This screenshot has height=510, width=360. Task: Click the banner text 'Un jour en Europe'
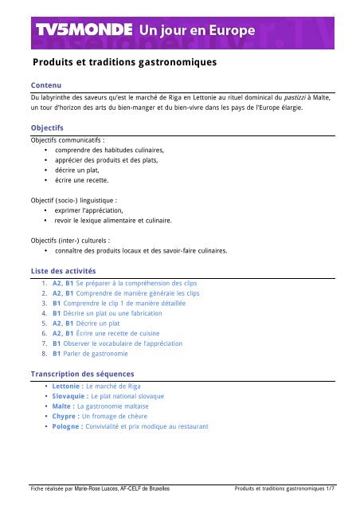click(197, 30)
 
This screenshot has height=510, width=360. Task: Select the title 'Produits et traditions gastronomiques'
click(124, 61)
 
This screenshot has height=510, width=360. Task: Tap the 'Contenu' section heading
click(42, 84)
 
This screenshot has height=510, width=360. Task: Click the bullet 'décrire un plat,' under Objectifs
click(80, 171)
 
